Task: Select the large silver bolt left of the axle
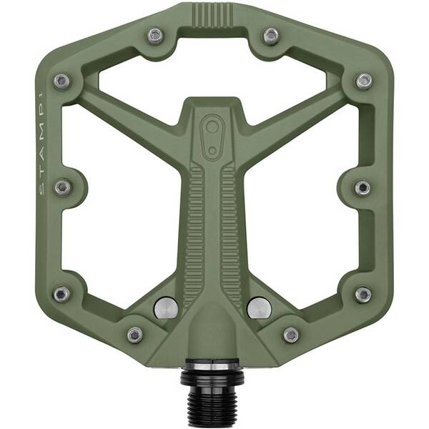tap(165, 307)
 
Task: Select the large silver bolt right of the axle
tap(258, 307)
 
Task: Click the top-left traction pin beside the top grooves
tap(155, 36)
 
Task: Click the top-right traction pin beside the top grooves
tap(270, 36)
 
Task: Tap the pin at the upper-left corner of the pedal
tap(61, 81)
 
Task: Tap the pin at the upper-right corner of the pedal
tap(364, 81)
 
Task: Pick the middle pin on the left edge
tap(63, 187)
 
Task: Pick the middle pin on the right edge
tap(363, 187)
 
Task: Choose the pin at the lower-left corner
tap(61, 294)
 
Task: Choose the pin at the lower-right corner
tap(363, 294)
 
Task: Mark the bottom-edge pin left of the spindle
tap(134, 335)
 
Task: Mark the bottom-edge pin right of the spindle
tap(291, 335)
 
